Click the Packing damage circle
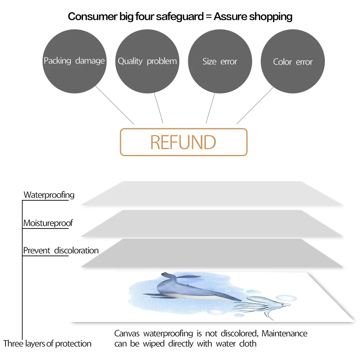[74, 61]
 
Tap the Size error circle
[220, 61]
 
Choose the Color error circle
[293, 61]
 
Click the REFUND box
[184, 142]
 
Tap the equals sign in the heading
[206, 17]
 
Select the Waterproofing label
[49, 194]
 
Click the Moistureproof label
[48, 223]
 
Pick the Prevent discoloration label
[61, 250]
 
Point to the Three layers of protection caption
[47, 344]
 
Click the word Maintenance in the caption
[284, 334]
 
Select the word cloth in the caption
[248, 344]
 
